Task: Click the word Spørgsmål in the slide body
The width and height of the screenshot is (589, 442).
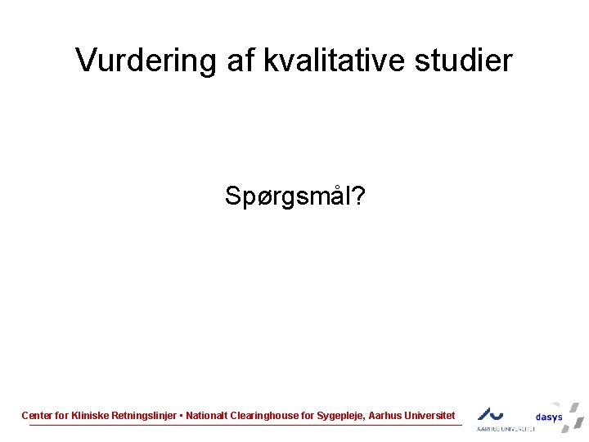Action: [287, 196]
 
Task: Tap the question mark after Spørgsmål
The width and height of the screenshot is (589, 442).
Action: [359, 196]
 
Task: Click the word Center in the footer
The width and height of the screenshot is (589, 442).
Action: [37, 416]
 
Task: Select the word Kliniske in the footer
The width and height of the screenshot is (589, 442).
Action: [90, 416]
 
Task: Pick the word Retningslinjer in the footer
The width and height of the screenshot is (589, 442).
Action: [144, 416]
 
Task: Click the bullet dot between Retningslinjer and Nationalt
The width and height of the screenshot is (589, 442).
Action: [181, 416]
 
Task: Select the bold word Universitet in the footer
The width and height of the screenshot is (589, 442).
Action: [429, 416]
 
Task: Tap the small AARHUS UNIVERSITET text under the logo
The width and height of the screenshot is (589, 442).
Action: [506, 428]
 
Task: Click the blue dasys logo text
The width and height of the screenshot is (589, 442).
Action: [549, 417]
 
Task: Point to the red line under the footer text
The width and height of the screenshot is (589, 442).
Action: [245, 425]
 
